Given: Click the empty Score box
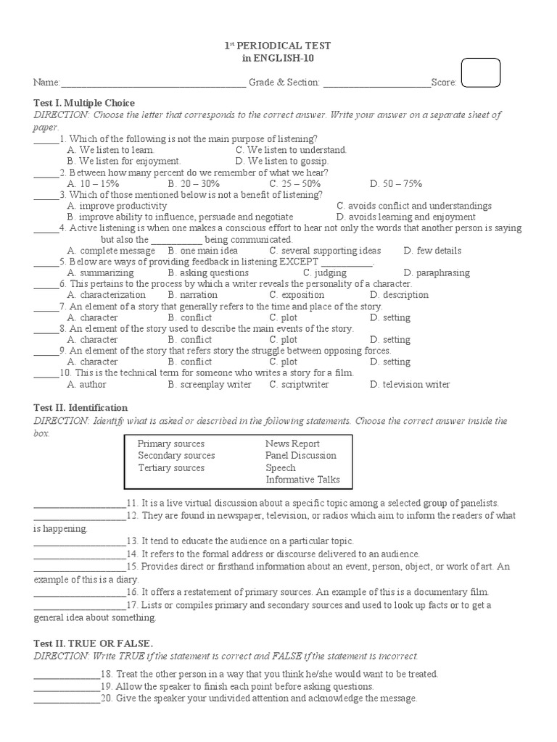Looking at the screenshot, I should [480, 73].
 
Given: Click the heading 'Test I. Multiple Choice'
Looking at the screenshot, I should [84, 103].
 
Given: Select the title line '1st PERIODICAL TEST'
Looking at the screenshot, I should [278, 46].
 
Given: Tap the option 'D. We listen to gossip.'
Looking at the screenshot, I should [281, 161].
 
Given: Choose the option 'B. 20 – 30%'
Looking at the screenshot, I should [194, 184].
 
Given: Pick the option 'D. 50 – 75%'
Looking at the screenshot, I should [395, 184].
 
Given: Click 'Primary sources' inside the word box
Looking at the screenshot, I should [171, 443].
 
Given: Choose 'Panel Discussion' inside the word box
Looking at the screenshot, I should [300, 456].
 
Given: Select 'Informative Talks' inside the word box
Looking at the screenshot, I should [302, 480].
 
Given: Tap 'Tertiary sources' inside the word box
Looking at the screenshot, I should [171, 468].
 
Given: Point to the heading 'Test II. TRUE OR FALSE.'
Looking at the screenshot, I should [94, 643].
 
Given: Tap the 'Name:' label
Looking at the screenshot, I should [46, 83].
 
